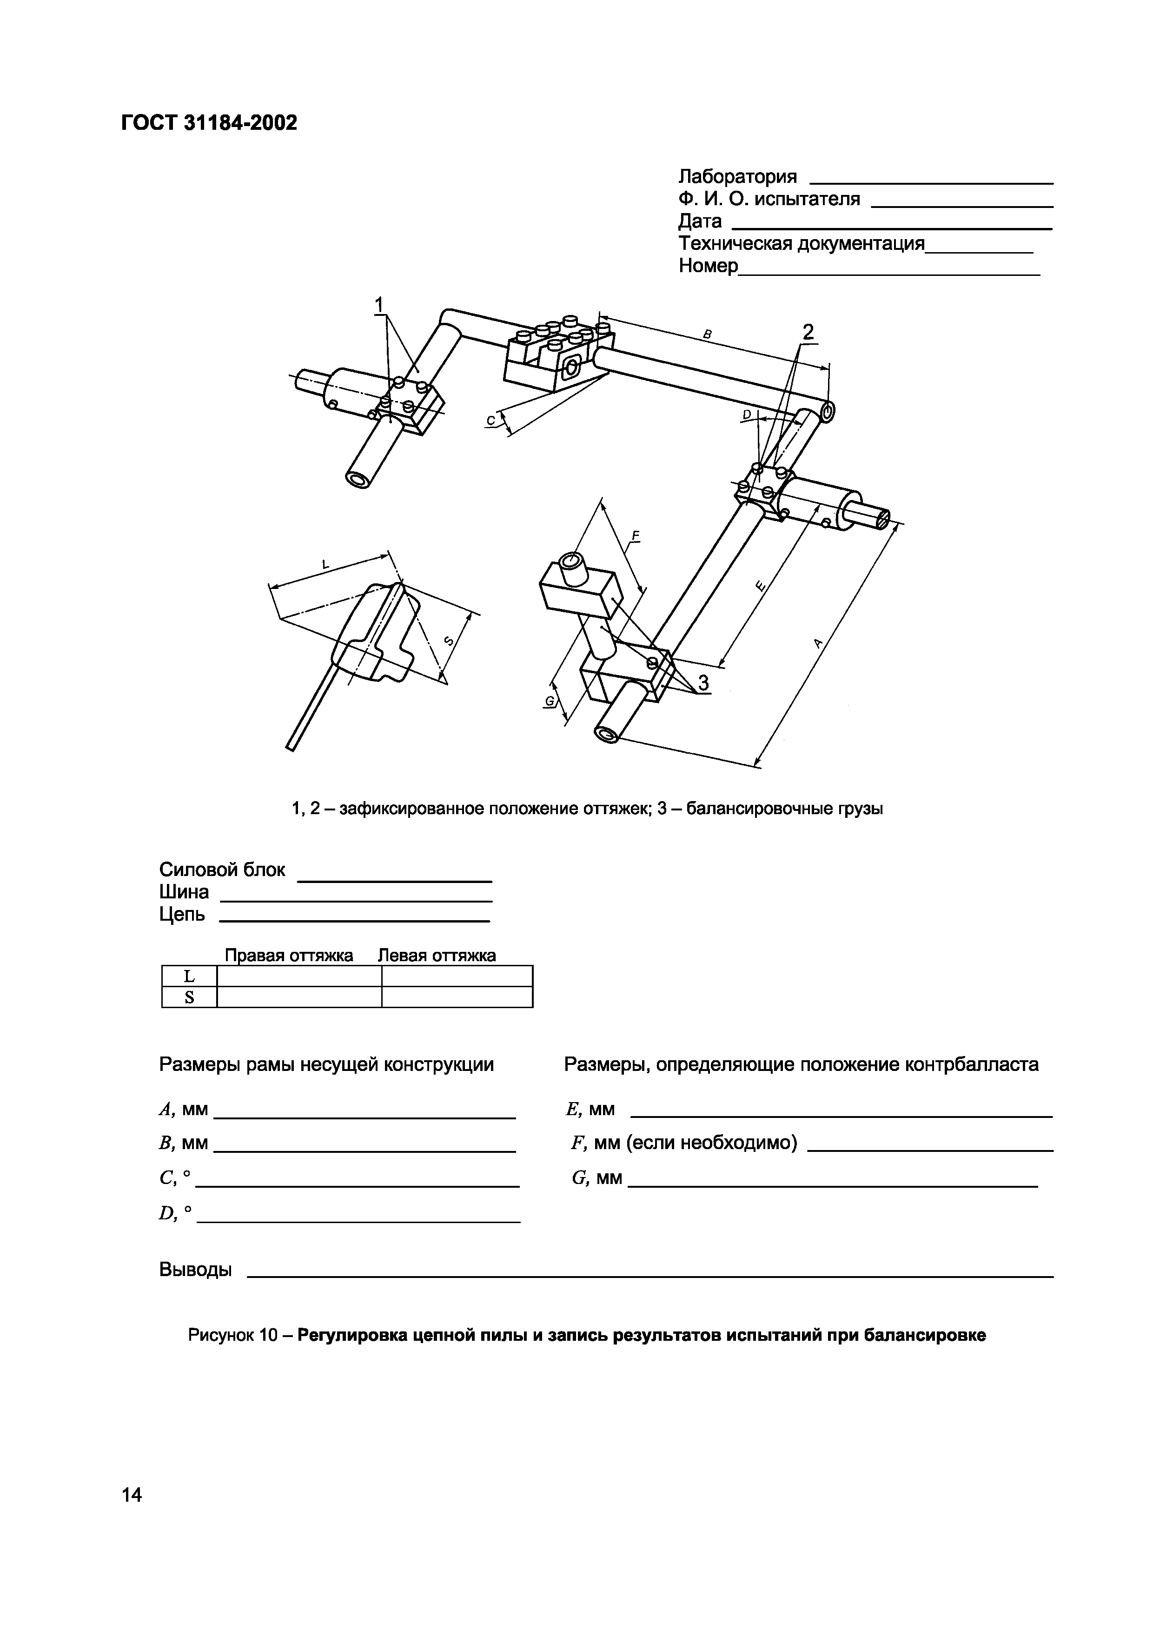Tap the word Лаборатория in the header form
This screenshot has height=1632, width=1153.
click(x=737, y=176)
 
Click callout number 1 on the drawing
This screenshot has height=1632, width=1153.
click(x=380, y=305)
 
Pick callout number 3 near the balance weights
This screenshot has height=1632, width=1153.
click(x=702, y=683)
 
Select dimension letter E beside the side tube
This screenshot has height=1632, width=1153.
click(x=761, y=586)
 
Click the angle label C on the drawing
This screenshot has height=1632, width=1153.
click(x=490, y=421)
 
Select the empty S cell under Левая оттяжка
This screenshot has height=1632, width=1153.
click(x=457, y=997)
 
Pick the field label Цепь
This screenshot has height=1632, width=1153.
click(x=182, y=914)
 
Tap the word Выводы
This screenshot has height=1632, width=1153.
click(x=195, y=1269)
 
